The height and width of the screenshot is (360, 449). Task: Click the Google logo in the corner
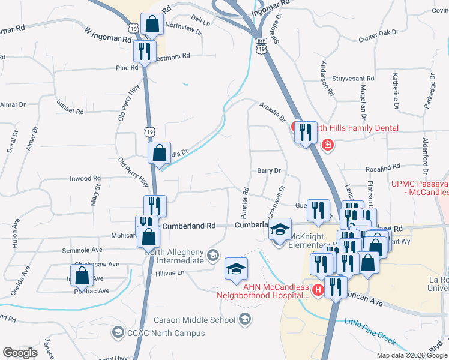click(x=20, y=353)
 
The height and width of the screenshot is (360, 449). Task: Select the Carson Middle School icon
click(x=244, y=320)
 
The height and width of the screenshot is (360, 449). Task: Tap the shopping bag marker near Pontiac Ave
click(x=84, y=275)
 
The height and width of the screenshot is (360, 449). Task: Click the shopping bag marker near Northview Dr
click(x=152, y=25)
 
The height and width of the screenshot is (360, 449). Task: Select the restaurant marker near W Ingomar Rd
click(x=144, y=52)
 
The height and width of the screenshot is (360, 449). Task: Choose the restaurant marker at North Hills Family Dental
click(x=305, y=132)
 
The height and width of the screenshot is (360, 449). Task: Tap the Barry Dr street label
click(x=269, y=171)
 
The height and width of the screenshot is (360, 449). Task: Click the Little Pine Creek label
click(x=370, y=331)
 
